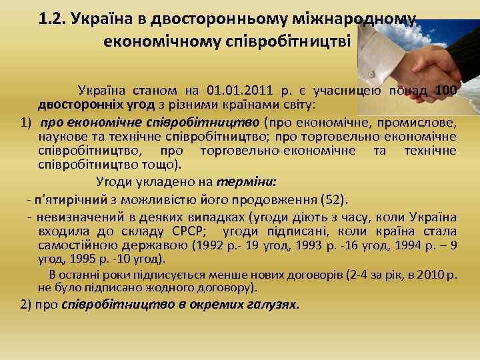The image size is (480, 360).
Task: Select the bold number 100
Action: (445, 91)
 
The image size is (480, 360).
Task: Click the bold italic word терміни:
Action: (247, 181)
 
